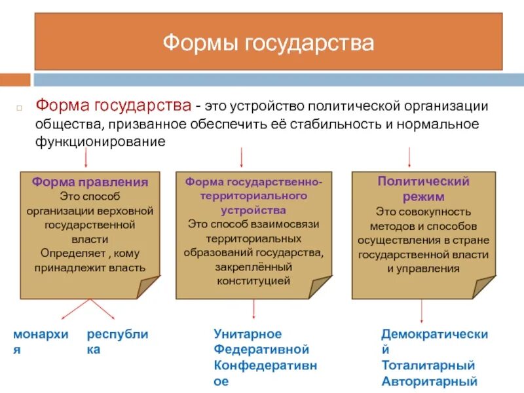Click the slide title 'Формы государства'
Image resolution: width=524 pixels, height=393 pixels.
pos(269,44)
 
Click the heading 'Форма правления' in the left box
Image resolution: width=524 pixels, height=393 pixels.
pos(90,182)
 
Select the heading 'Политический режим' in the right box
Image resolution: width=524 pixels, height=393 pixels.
pos(423,189)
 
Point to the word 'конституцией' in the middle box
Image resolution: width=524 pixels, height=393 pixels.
pos(253,280)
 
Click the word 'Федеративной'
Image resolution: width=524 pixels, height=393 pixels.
pos(261,350)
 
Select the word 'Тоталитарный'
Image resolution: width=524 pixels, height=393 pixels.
pos(428,365)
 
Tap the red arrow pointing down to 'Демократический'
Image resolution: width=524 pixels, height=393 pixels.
pos(411,311)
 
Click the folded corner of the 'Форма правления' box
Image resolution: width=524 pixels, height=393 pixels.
pos(148,287)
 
